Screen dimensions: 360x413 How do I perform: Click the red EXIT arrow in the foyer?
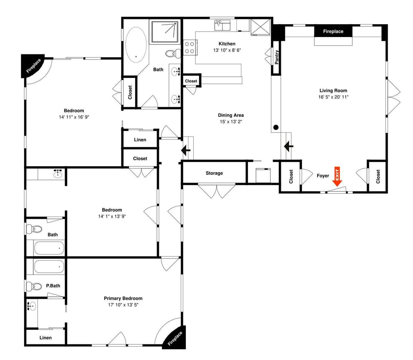[337, 177]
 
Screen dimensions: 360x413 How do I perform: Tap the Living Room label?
[333, 90]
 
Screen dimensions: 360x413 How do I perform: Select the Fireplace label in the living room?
[333, 31]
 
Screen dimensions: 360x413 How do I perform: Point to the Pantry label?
[276, 57]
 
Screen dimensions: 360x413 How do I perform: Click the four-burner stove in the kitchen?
[190, 47]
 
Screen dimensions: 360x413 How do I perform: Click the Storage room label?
[214, 173]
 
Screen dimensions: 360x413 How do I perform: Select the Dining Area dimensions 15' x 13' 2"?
[231, 122]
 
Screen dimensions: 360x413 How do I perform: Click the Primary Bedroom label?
[123, 298]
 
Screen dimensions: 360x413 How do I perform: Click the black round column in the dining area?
[276, 127]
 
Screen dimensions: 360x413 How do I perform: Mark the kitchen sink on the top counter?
[223, 25]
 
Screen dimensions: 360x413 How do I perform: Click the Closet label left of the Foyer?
[291, 176]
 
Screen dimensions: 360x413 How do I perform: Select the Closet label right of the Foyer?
[378, 176]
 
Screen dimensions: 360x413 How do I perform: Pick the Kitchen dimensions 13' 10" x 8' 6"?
[227, 50]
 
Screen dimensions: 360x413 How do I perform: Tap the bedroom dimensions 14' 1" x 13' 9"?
[112, 217]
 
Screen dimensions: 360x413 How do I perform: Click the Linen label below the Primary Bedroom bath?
[46, 338]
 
